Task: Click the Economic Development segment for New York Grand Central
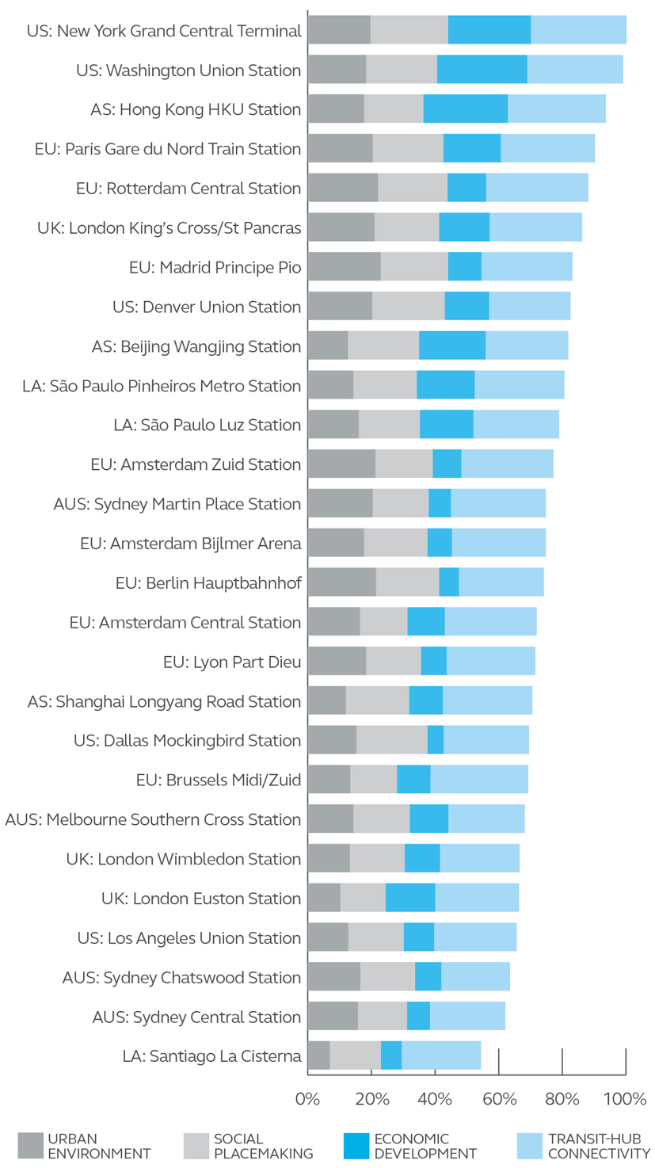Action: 489,30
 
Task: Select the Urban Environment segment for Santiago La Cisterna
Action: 318,1055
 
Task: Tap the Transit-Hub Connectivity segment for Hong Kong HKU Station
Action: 556,109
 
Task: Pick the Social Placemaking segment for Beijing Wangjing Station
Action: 383,345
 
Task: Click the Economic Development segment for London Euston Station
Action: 410,898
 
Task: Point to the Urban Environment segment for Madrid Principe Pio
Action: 344,267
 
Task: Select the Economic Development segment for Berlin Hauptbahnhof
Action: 449,582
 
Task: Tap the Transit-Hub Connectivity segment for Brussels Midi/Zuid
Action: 479,780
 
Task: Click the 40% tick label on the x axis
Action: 435,1099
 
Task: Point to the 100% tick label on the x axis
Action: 626,1099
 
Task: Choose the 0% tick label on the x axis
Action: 307,1099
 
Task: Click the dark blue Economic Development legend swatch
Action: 356,1146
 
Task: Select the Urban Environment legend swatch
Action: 30,1146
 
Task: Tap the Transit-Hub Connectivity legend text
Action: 599,1146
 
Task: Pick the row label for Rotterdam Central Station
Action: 189,189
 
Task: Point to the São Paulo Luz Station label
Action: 208,425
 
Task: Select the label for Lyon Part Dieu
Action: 232,662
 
